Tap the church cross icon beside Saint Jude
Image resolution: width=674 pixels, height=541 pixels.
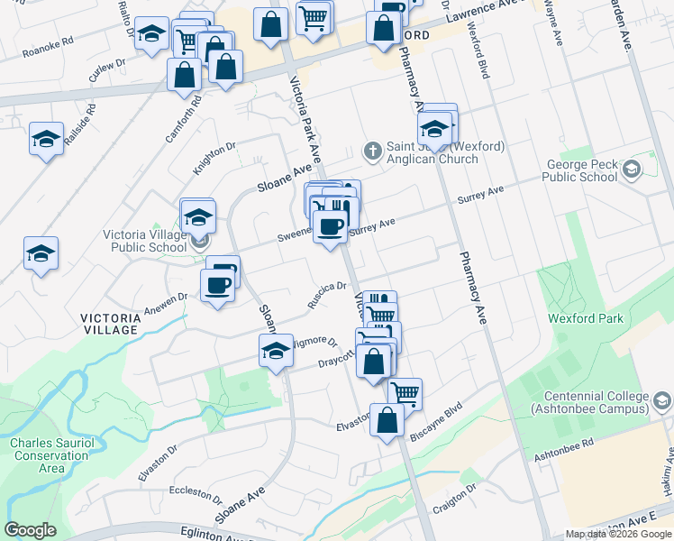371,149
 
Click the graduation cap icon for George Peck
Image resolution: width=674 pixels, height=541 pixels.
632,168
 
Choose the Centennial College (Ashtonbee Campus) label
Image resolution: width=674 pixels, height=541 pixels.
596,402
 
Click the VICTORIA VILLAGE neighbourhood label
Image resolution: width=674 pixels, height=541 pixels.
111,324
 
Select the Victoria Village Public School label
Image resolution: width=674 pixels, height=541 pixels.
144,241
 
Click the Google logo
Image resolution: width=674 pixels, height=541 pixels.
30,530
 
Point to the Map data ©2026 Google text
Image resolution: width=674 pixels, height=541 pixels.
619,534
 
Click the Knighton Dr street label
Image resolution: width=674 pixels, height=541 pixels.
214,158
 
